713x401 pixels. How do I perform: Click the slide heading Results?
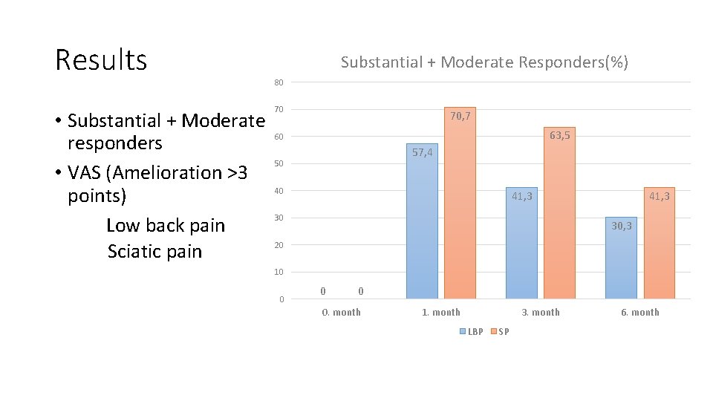(x=101, y=59)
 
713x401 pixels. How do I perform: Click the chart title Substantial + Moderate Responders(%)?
(x=484, y=62)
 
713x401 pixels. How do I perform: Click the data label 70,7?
(x=460, y=117)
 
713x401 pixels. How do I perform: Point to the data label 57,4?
(x=422, y=152)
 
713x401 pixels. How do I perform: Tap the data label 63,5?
(x=560, y=136)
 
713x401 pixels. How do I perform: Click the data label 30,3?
(x=622, y=226)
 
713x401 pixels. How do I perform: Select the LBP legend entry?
(x=472, y=331)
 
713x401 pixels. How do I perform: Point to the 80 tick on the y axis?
(x=279, y=82)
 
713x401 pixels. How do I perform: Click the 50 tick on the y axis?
(x=279, y=163)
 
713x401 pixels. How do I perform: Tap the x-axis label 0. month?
(x=341, y=312)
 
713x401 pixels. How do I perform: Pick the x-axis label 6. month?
(x=640, y=312)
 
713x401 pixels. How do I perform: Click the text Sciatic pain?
(x=154, y=251)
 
